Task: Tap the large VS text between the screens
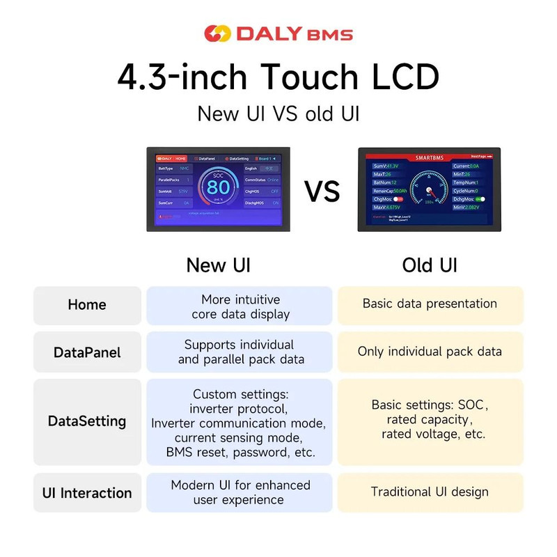[322, 190]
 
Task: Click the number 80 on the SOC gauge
[218, 187]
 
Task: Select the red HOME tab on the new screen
[180, 159]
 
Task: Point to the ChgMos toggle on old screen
[399, 198]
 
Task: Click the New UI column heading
[218, 265]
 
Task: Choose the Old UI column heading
[430, 265]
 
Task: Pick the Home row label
[87, 305]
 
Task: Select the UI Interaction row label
[87, 493]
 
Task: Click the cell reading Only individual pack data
[430, 352]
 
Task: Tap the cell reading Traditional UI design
[430, 492]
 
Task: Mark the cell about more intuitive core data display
[240, 306]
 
